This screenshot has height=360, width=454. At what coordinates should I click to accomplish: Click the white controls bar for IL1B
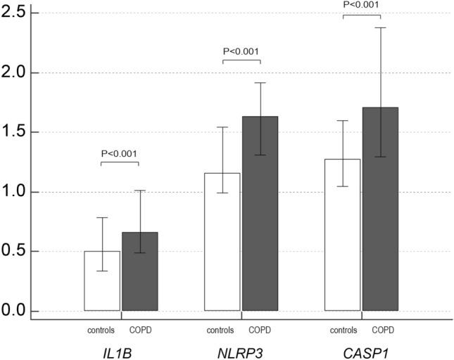click(101, 281)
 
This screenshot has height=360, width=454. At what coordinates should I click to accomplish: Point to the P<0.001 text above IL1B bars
click(120, 154)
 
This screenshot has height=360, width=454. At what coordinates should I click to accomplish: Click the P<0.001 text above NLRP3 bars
click(241, 51)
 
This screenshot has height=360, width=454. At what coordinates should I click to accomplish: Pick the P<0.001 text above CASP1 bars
click(361, 5)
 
